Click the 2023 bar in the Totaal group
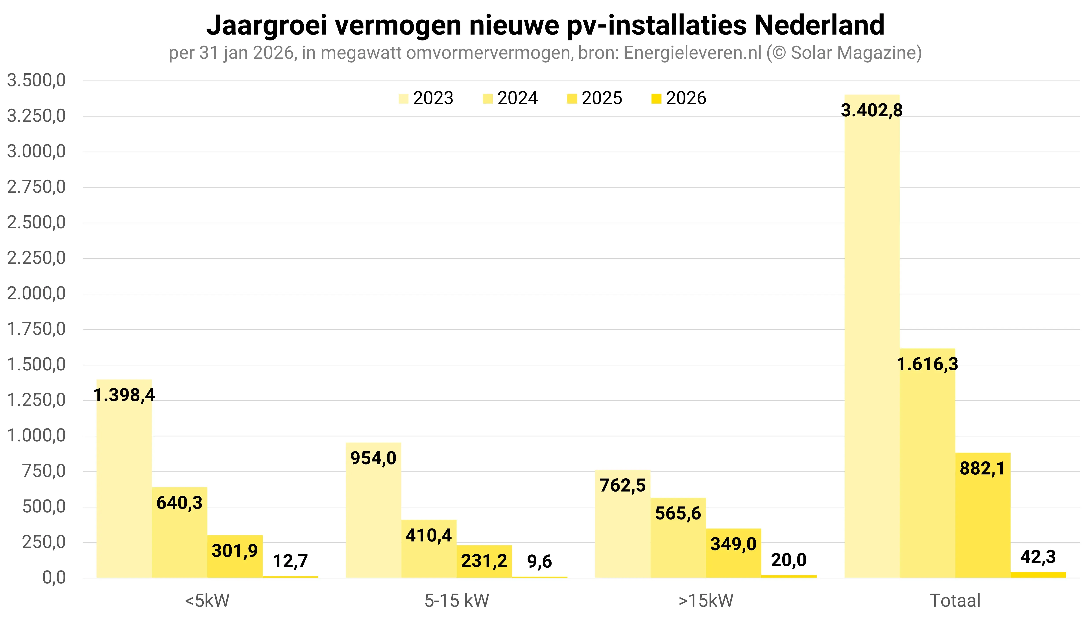click(872, 340)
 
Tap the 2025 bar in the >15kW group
click(734, 560)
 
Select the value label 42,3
click(1038, 557)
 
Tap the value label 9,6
click(539, 561)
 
